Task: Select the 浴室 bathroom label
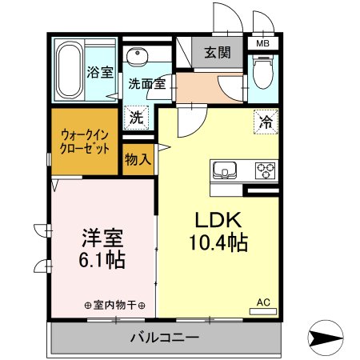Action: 100,71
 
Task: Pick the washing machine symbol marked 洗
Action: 138,117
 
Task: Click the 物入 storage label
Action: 138,160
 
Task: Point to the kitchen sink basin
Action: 224,170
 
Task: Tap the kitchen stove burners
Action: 264,170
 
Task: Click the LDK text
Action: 214,221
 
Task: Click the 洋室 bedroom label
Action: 102,238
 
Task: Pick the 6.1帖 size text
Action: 102,260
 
